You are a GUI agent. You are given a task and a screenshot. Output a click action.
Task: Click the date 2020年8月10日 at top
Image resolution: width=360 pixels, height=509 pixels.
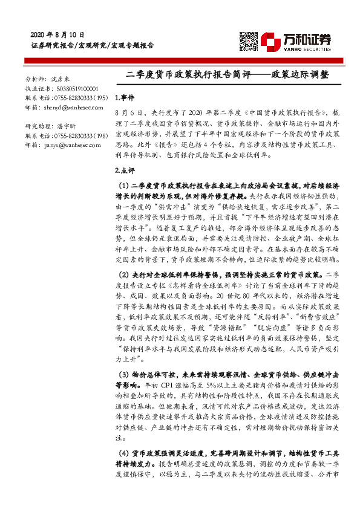point(57,34)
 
